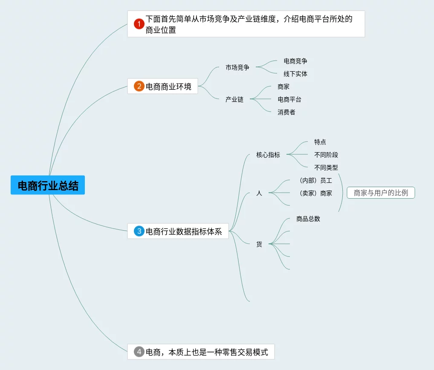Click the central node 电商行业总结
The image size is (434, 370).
[x=48, y=185]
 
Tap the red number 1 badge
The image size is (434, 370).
[x=139, y=24]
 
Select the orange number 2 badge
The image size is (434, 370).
[x=139, y=87]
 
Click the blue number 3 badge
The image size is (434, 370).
[x=139, y=231]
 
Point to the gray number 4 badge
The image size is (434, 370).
[x=139, y=352]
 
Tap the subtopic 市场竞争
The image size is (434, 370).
[x=237, y=67]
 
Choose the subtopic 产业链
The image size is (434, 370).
[x=234, y=99]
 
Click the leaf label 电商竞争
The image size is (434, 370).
[x=295, y=61]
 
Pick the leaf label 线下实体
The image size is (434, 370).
[x=295, y=74]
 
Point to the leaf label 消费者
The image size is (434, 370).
[x=286, y=112]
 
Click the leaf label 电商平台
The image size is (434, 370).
[x=289, y=99]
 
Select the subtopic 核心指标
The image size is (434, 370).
[x=268, y=155]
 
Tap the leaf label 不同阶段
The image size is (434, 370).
[x=326, y=155]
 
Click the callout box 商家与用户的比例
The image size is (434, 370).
[x=381, y=193]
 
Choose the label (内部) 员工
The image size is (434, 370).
[x=315, y=180]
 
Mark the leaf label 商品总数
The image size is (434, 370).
[x=308, y=219]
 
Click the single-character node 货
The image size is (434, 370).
[x=259, y=244]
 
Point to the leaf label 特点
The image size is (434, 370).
[x=320, y=142]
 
